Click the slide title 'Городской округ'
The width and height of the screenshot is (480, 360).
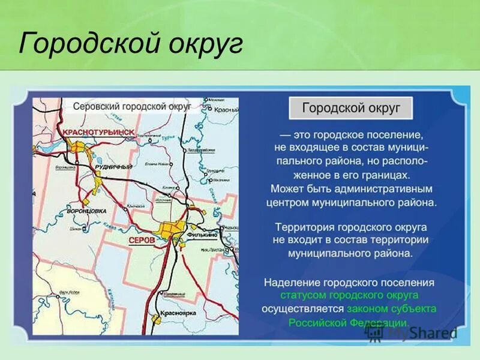tap(131, 44)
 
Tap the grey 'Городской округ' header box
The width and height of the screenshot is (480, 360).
tap(351, 108)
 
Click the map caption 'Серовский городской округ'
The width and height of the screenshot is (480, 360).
tap(132, 106)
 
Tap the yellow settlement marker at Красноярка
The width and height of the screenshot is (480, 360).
tap(157, 320)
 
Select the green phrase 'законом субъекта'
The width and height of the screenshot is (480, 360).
tap(391, 308)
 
